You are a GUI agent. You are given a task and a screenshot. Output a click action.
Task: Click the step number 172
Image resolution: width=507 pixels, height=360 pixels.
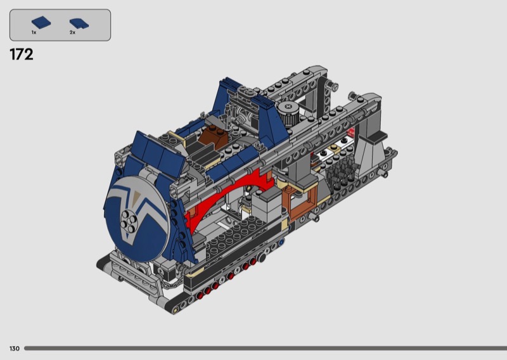click(22, 55)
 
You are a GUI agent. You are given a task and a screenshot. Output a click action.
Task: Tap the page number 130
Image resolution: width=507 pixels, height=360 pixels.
click(14, 349)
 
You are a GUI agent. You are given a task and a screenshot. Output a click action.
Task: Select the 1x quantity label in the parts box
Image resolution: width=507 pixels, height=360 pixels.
click(34, 32)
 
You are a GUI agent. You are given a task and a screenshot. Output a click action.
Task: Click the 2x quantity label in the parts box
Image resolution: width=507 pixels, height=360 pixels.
click(72, 32)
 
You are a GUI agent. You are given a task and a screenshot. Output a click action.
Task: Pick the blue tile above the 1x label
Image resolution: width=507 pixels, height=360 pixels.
click(41, 23)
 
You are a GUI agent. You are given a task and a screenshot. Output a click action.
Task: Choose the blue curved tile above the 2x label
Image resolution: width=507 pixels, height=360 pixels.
click(79, 23)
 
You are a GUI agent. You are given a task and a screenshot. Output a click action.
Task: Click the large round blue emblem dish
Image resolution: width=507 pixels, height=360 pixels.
click(138, 218)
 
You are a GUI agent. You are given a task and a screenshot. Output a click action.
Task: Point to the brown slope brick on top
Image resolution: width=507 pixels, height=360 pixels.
click(212, 134)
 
